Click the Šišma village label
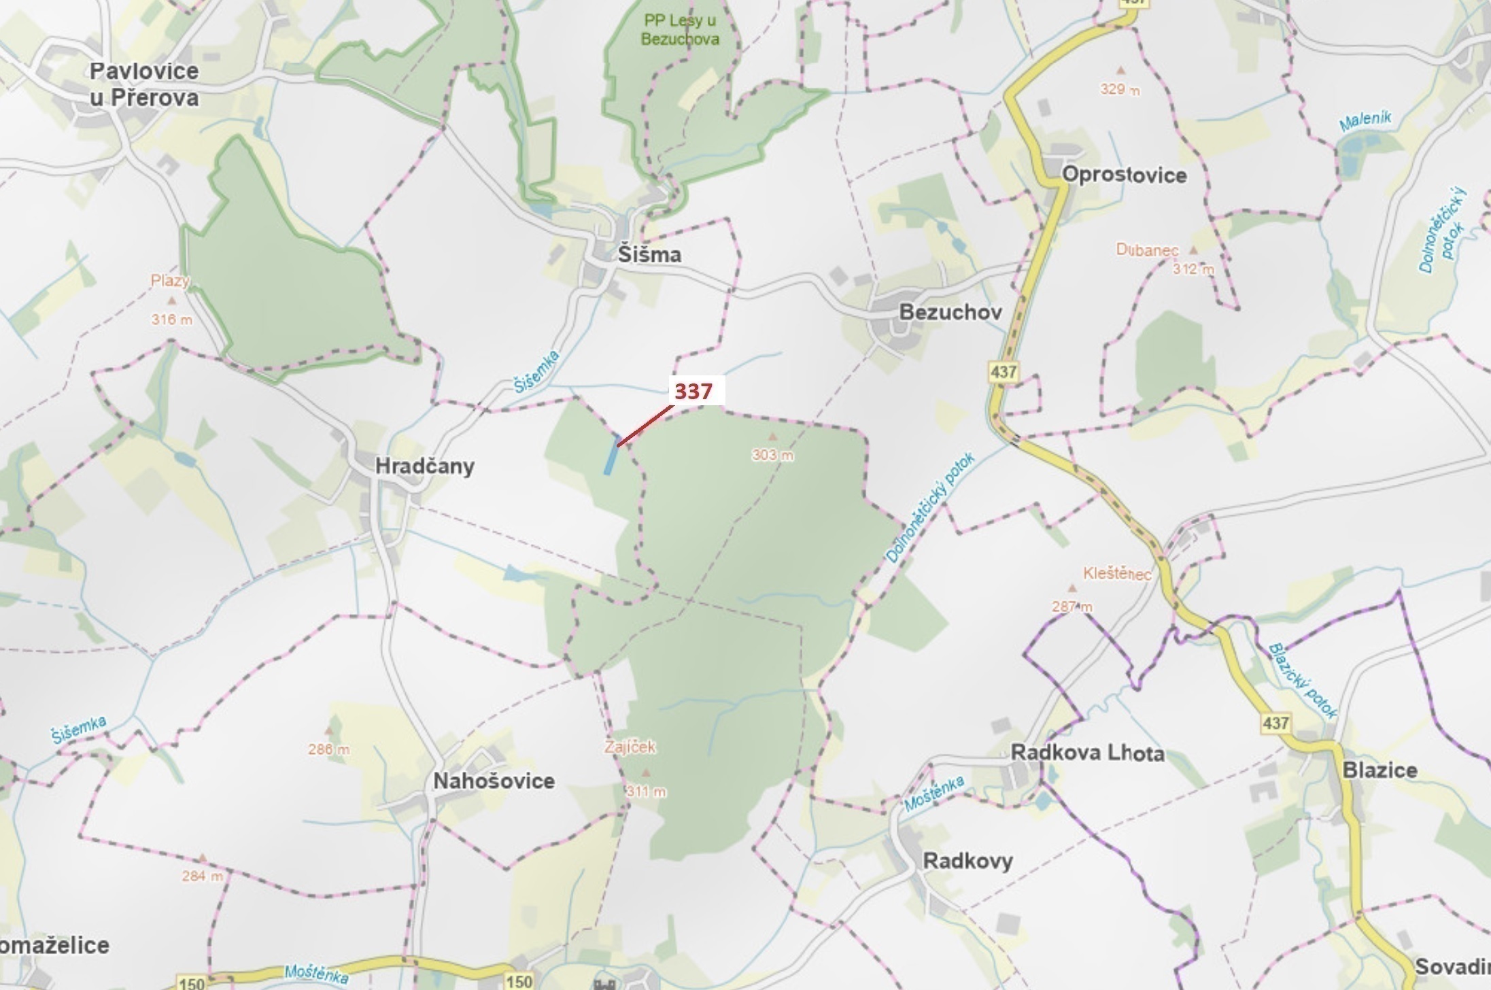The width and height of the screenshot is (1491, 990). click(x=649, y=254)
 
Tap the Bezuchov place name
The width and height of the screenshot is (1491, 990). click(x=950, y=312)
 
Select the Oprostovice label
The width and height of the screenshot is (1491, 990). click(x=1124, y=175)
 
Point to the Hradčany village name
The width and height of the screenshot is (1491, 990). click(x=424, y=466)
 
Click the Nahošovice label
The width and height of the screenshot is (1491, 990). click(x=494, y=781)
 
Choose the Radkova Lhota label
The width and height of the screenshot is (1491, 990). click(x=1087, y=753)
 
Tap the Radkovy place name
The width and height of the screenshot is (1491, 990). click(x=967, y=860)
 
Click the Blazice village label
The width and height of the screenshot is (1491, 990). click(x=1379, y=770)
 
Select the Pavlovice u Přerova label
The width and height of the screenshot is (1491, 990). click(x=144, y=84)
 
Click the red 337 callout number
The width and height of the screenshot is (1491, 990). click(x=693, y=391)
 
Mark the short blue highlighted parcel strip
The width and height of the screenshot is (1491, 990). click(x=611, y=454)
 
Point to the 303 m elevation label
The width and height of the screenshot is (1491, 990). click(x=772, y=454)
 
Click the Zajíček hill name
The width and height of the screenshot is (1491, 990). click(x=630, y=747)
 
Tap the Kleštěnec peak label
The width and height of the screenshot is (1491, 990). click(x=1117, y=573)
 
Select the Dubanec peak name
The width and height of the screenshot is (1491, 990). click(x=1146, y=250)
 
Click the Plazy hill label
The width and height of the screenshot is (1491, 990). click(x=170, y=280)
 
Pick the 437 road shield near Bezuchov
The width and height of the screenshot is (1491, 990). click(x=1003, y=372)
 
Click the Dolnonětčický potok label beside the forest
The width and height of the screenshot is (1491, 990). click(x=930, y=507)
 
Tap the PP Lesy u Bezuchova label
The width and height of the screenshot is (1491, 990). click(x=680, y=30)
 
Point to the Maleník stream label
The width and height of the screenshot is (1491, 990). click(x=1365, y=121)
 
